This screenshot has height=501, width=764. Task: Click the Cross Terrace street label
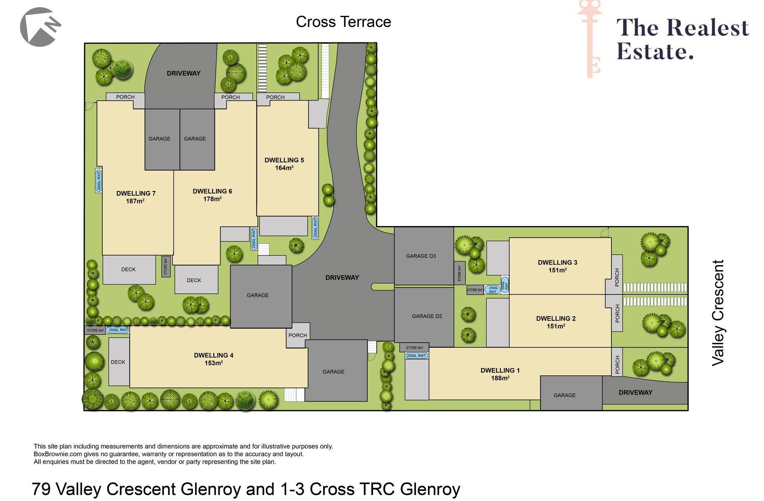(x=343, y=22)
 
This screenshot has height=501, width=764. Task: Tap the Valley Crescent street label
(x=718, y=313)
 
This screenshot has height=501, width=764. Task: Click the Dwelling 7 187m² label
(x=136, y=197)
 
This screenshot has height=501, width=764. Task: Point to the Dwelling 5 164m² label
(x=284, y=164)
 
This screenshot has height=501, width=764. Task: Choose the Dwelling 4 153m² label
(x=213, y=359)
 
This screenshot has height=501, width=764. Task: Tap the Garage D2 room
(x=424, y=317)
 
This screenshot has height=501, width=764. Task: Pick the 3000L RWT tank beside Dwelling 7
(x=99, y=181)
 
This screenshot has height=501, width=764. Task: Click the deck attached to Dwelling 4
(x=119, y=361)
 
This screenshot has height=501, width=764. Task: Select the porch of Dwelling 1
(x=617, y=361)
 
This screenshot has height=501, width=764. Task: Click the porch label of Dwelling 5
(x=275, y=97)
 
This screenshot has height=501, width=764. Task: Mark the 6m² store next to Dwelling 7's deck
(x=166, y=266)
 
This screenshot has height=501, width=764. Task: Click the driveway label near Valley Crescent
(x=635, y=393)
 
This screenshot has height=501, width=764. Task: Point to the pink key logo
(x=590, y=39)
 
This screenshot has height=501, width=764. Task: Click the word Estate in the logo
(x=655, y=52)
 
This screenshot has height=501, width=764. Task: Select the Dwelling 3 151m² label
(x=557, y=266)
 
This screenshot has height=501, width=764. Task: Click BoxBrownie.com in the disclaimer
(x=58, y=454)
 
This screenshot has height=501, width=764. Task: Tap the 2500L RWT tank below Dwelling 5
(x=315, y=228)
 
